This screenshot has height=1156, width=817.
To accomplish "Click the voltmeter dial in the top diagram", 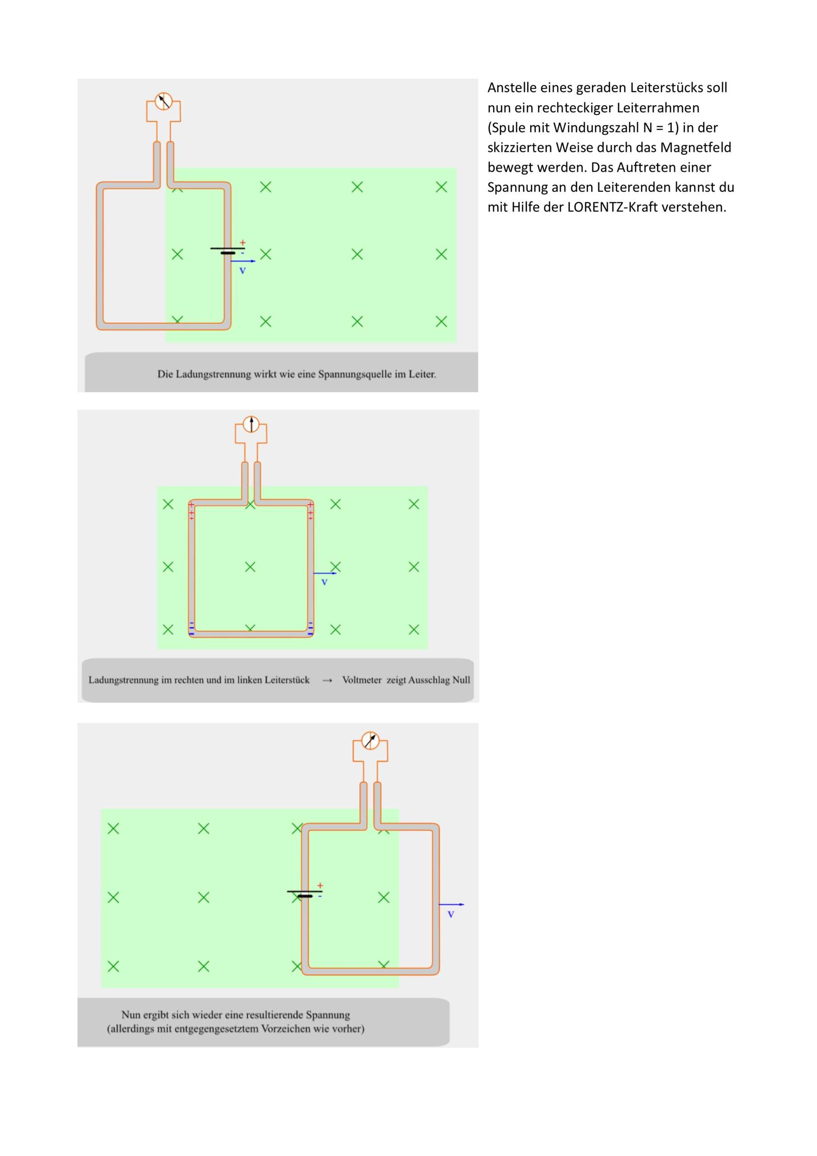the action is [x=163, y=101].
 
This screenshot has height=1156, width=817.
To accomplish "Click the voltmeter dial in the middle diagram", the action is [x=251, y=424].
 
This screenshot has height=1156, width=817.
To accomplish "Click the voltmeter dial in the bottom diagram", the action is [x=371, y=741].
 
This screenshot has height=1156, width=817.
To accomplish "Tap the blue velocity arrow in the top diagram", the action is [x=243, y=261].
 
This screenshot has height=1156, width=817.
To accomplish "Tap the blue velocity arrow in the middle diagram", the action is [x=325, y=573].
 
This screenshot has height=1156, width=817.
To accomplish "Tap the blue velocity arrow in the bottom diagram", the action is [x=451, y=904].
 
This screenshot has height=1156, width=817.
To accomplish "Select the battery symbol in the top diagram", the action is [x=227, y=250].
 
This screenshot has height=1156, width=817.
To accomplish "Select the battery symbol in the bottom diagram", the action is [x=305, y=894].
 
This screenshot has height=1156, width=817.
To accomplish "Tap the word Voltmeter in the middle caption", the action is [x=362, y=680].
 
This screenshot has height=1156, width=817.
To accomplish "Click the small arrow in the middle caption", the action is [x=327, y=680].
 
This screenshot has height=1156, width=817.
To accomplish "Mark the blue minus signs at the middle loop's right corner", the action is [x=311, y=628].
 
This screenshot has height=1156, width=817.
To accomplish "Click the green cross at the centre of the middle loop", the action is [x=250, y=567].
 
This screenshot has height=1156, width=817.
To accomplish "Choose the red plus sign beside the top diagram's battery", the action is [x=243, y=242].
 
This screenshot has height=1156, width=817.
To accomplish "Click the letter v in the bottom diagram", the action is [x=451, y=914].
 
